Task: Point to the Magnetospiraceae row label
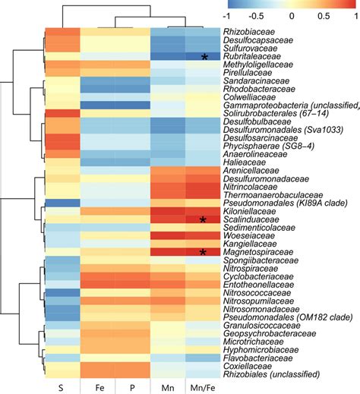click(x=256, y=251)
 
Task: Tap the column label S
click(x=60, y=387)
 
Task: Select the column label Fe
click(x=96, y=387)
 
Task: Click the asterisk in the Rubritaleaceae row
click(x=204, y=57)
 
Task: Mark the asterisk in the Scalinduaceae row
click(x=204, y=219)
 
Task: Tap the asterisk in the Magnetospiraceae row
click(x=204, y=252)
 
